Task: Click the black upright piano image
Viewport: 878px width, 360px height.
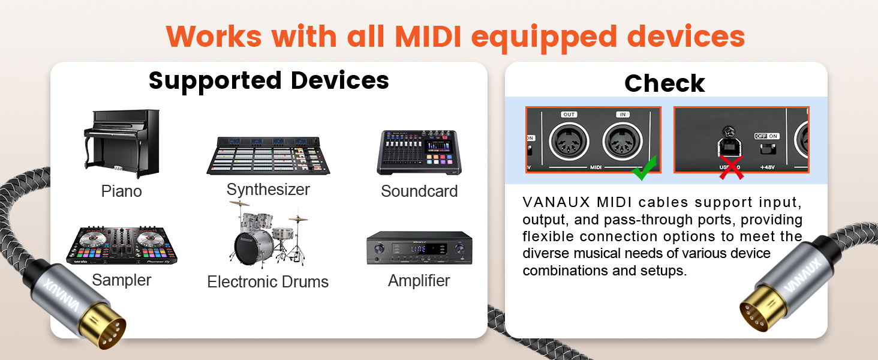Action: click(122, 144)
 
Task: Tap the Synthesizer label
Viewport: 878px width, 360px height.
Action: click(268, 190)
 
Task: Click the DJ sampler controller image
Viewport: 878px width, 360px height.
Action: click(122, 246)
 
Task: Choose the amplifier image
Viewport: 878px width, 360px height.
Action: click(419, 248)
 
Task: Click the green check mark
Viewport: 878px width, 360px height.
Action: click(644, 169)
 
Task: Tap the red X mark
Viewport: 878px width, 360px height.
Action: click(731, 168)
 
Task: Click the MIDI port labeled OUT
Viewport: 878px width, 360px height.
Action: click(569, 142)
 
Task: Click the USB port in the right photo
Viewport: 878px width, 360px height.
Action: click(729, 146)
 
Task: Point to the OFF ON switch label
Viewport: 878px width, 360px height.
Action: click(768, 136)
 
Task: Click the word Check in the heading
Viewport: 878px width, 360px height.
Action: click(664, 83)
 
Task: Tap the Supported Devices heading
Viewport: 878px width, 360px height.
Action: click(269, 80)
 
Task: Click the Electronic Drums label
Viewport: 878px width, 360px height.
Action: click(267, 282)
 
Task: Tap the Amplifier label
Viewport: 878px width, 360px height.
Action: click(419, 280)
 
